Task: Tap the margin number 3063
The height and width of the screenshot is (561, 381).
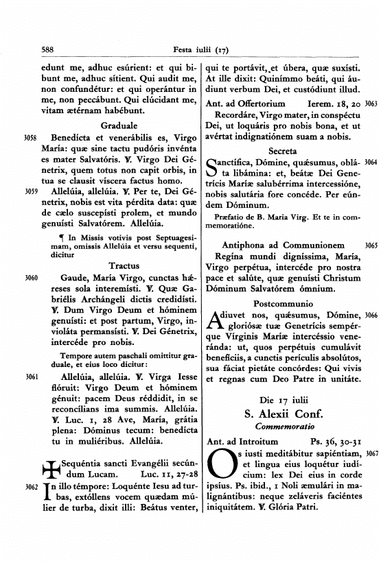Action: click(371, 103)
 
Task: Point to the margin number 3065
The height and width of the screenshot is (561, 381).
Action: click(371, 245)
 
